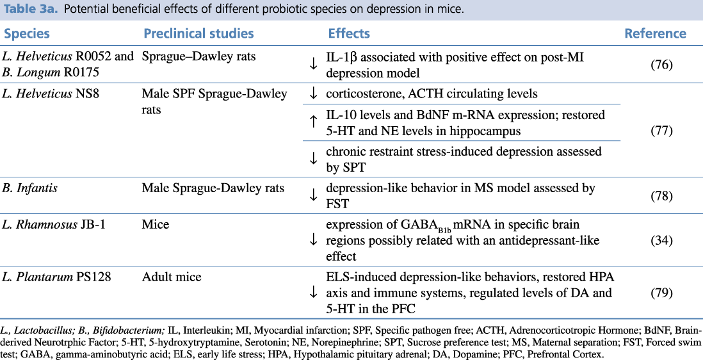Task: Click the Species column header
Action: (27, 34)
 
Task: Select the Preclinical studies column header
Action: (198, 34)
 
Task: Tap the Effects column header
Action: (349, 34)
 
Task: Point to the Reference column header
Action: (655, 34)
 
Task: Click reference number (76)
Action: (660, 65)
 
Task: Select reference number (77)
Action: (660, 131)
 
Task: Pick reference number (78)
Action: (660, 195)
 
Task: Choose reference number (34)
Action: (660, 240)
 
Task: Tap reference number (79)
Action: (660, 293)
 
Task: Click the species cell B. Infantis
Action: (30, 188)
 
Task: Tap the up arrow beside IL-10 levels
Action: (314, 122)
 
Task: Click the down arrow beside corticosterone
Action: (314, 94)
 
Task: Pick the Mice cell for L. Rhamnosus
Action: (155, 225)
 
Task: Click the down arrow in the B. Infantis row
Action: (314, 195)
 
